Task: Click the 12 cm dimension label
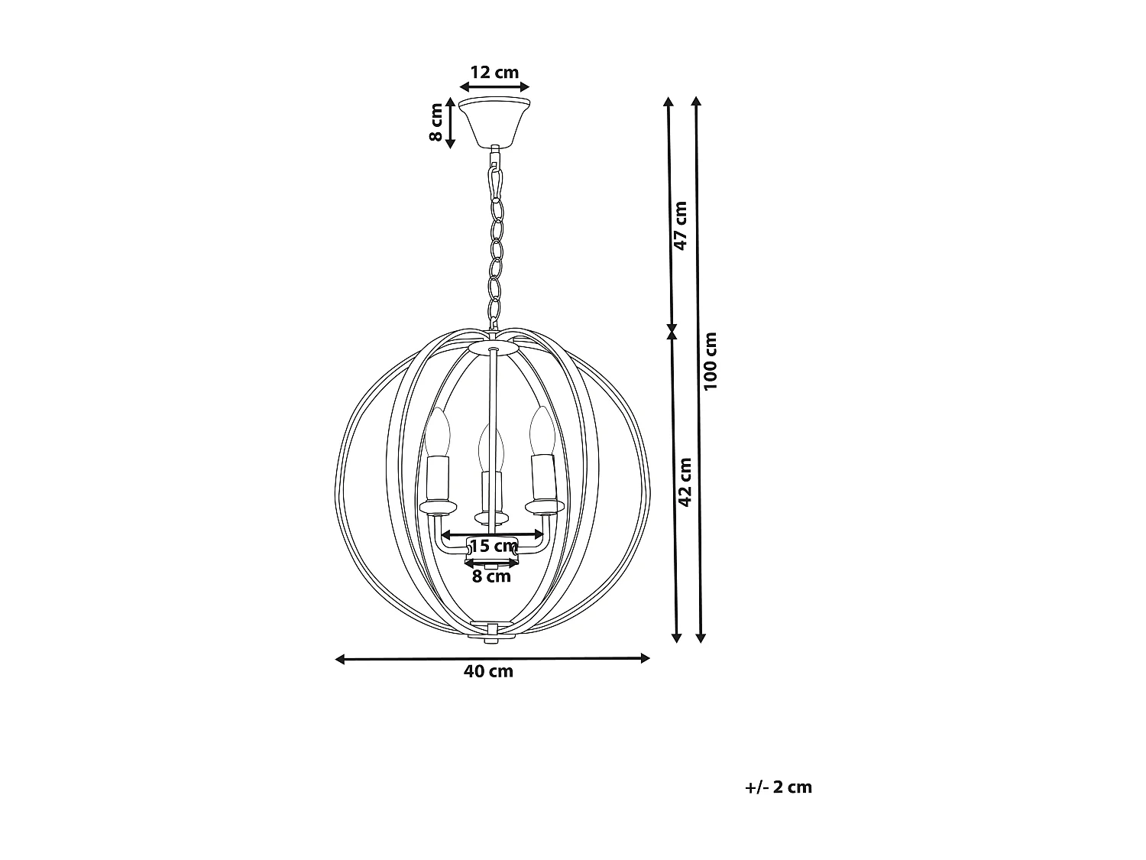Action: pyautogui.click(x=494, y=72)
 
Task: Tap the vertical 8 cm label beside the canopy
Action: pyautogui.click(x=435, y=122)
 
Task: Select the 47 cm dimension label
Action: pyautogui.click(x=680, y=226)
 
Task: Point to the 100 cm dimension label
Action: pyautogui.click(x=710, y=361)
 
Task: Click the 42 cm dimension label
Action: pyautogui.click(x=685, y=482)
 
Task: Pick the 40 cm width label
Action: pyautogui.click(x=488, y=671)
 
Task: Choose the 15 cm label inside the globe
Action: pyautogui.click(x=494, y=546)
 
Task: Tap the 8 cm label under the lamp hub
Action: pyautogui.click(x=491, y=576)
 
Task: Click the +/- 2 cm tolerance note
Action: pyautogui.click(x=779, y=787)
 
